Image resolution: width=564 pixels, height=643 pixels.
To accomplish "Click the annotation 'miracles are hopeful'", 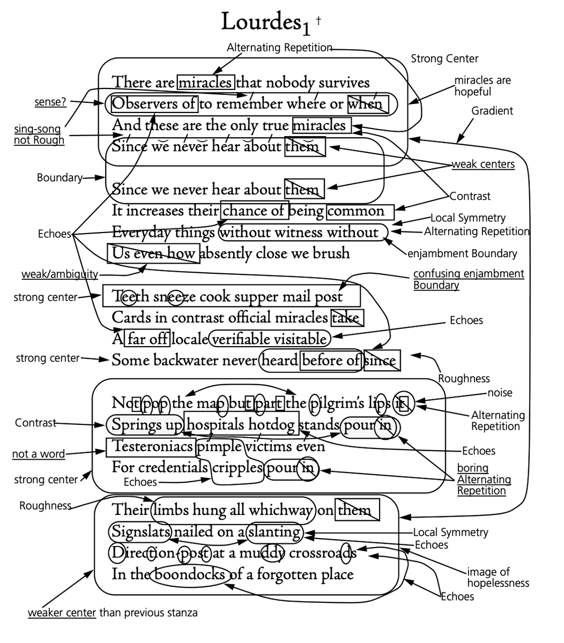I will pos(482,86).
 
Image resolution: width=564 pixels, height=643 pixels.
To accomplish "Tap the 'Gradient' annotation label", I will pos(492,111).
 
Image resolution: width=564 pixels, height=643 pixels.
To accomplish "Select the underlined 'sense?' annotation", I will pos(50,102).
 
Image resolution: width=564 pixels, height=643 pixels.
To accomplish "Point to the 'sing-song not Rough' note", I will pos(39,134).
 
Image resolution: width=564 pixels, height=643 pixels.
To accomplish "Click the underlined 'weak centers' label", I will pos(483,164).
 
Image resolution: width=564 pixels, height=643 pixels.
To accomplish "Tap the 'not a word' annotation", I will pos(38,454).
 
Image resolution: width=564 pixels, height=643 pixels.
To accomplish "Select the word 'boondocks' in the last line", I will pos(190,574).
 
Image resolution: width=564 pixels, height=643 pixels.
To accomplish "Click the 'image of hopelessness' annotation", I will pos(498,577).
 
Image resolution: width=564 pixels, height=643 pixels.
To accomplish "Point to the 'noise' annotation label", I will pos(500,393).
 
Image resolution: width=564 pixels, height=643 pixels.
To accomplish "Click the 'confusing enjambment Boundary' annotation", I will pos(468,279).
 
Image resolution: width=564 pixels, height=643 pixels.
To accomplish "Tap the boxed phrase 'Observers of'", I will pos(154,103).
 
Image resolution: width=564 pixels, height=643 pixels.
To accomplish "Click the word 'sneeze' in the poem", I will pos(171,296).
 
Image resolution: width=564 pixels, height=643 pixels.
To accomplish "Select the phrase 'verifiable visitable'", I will pos(270,339).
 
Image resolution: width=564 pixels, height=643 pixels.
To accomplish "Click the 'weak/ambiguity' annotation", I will pos(60,274).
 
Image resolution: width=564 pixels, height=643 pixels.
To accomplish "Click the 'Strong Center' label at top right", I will pos(444,58).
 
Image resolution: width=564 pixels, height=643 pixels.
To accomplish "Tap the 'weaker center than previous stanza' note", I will pos(113,612).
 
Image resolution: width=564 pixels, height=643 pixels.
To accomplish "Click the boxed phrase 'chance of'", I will pos(254,211).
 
